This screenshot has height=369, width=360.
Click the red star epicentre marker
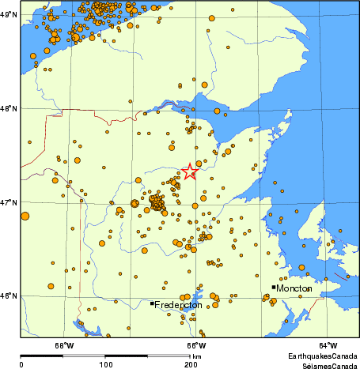coord(190,171)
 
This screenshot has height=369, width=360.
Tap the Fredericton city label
coord(179,305)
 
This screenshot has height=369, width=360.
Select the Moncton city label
coord(294,289)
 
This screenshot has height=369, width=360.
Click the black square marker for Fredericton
coord(152,303)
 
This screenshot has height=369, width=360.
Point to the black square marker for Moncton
coord(274,287)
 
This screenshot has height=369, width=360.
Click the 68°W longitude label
coord(64,345)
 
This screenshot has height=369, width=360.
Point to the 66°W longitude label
coord(196,345)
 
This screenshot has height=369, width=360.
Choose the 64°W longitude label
coord(328,345)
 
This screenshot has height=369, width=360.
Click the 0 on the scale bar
coord(21,364)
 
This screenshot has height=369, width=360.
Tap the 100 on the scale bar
coord(105,364)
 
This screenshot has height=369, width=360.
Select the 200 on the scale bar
coord(190,364)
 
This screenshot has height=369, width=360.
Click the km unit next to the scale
coord(198,357)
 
